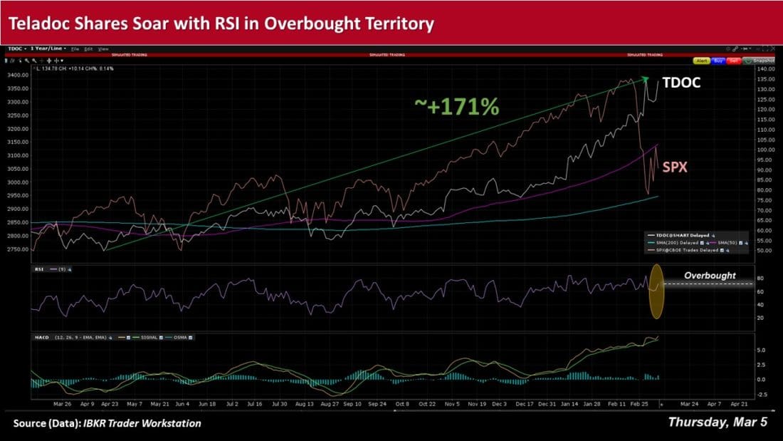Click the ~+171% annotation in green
pos(456,106)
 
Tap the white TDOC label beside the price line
pos(681,83)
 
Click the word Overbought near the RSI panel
pos(710,275)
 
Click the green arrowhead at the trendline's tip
pos(644,78)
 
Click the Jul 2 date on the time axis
pos(231,403)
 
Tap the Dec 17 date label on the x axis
pos(524,403)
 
